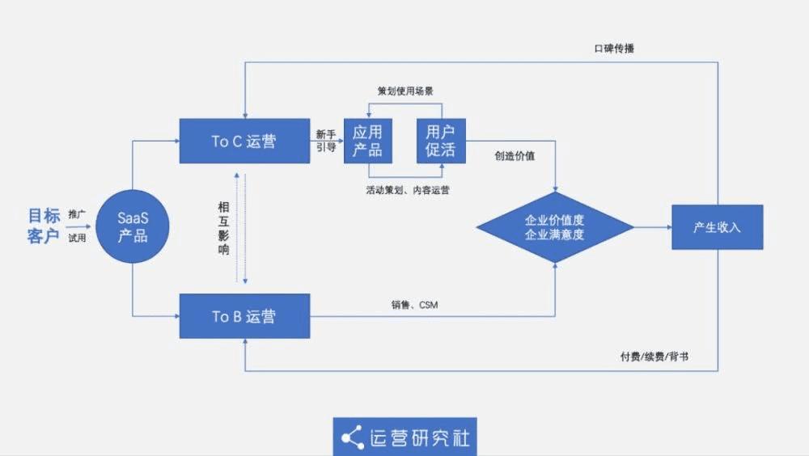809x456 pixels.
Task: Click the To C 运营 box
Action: [x=244, y=141]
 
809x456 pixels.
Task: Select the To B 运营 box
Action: [x=244, y=316]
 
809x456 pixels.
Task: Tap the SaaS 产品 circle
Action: [x=133, y=226]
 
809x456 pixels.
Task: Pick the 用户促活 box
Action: [x=441, y=141]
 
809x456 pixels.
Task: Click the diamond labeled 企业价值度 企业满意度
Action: [x=555, y=226]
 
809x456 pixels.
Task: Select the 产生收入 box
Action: [x=717, y=227]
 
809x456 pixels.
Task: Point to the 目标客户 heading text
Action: [x=44, y=226]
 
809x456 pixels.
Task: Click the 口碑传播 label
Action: [x=614, y=49]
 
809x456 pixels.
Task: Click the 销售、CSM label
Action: [x=414, y=305]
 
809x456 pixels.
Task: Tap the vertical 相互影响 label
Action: [x=223, y=229]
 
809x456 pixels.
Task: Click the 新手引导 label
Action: [x=326, y=141]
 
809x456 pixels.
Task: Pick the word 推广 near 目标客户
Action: [x=77, y=215]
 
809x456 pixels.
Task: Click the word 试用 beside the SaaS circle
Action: [x=77, y=238]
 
